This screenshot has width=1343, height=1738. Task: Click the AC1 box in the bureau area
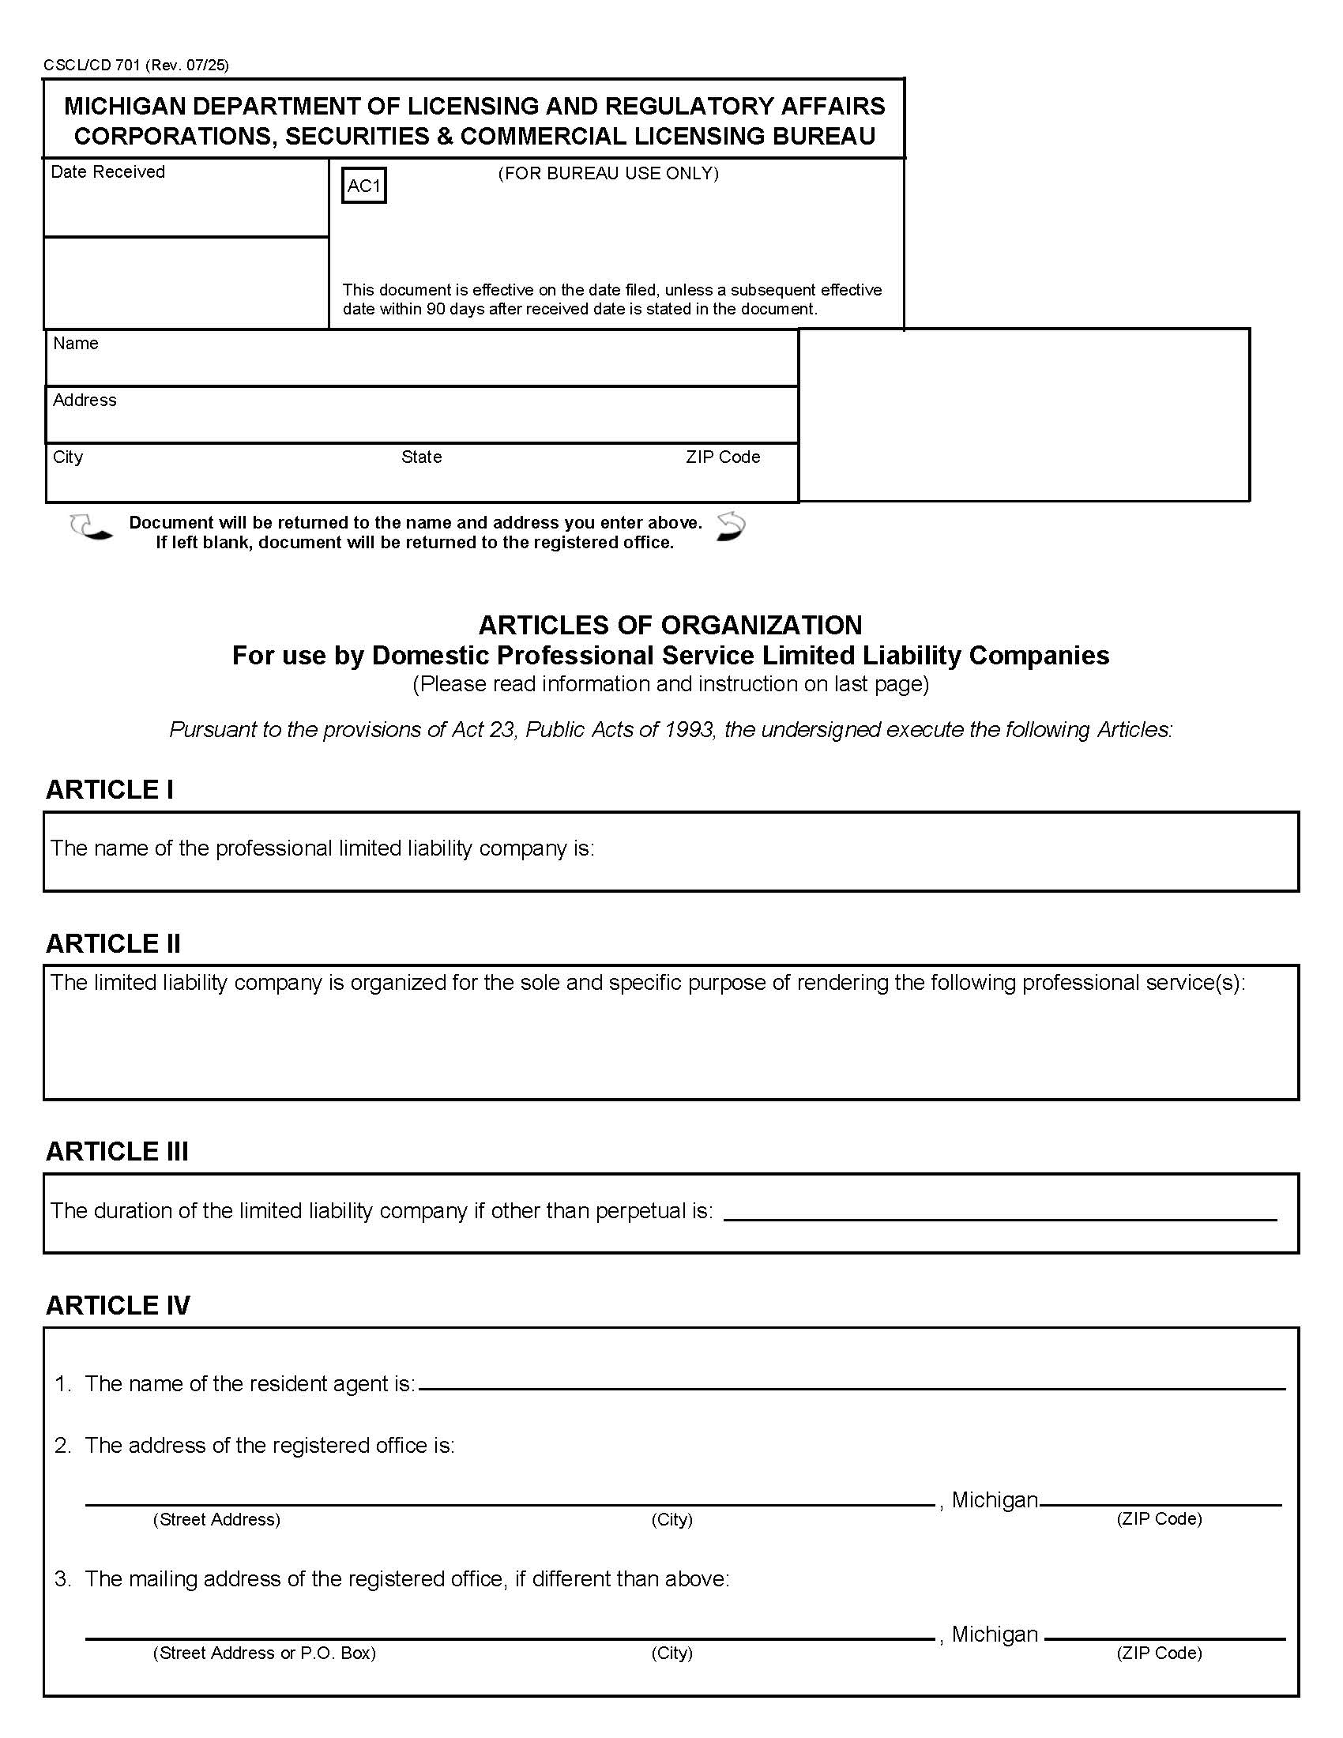pyautogui.click(x=363, y=186)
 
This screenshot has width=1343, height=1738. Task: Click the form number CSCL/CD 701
pyautogui.click(x=92, y=66)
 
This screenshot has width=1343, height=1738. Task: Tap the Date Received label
pyautogui.click(x=107, y=172)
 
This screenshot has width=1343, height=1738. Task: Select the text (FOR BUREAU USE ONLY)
pyautogui.click(x=608, y=174)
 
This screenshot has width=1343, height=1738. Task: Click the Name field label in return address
pyautogui.click(x=76, y=343)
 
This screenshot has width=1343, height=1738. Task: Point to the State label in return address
pyautogui.click(x=421, y=457)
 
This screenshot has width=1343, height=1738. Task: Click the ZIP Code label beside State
pyautogui.click(x=722, y=457)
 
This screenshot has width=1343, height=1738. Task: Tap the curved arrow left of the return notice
pyautogui.click(x=91, y=528)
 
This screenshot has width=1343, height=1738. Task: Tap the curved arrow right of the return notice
pyautogui.click(x=731, y=527)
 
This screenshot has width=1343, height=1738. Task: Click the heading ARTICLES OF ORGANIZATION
pyautogui.click(x=670, y=625)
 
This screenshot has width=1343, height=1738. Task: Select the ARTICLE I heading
pyautogui.click(x=110, y=789)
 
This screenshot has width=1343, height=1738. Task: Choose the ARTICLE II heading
pyautogui.click(x=113, y=943)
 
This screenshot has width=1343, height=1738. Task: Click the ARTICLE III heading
pyautogui.click(x=117, y=1152)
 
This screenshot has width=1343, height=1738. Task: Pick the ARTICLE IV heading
pyautogui.click(x=118, y=1305)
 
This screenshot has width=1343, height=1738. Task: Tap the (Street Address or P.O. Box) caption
pyautogui.click(x=264, y=1653)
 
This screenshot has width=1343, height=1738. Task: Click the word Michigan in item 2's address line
pyautogui.click(x=995, y=1500)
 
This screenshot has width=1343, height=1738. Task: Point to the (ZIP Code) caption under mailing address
pyautogui.click(x=1158, y=1653)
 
